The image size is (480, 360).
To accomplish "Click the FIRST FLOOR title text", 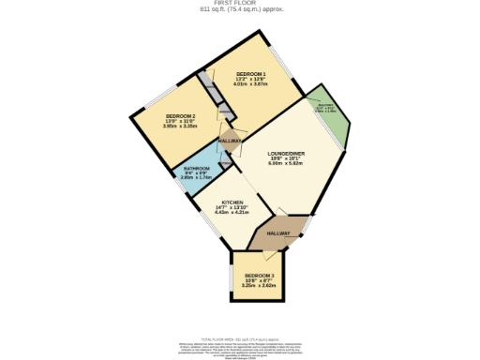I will (241, 4).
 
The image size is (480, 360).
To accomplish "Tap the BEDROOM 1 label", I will (251, 73).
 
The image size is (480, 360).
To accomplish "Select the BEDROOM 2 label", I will (154, 116).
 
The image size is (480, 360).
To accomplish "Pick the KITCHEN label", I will (232, 202).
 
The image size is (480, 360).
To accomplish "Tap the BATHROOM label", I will (196, 169).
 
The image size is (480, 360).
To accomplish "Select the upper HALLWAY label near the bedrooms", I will (230, 142).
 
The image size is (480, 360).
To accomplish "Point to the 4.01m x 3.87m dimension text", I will (251, 83).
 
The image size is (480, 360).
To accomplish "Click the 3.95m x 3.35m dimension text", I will (154, 127).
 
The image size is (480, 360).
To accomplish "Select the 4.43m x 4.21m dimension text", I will (232, 213).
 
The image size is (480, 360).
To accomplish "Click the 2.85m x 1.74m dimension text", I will (196, 177).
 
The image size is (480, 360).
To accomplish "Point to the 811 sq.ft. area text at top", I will (241, 10).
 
